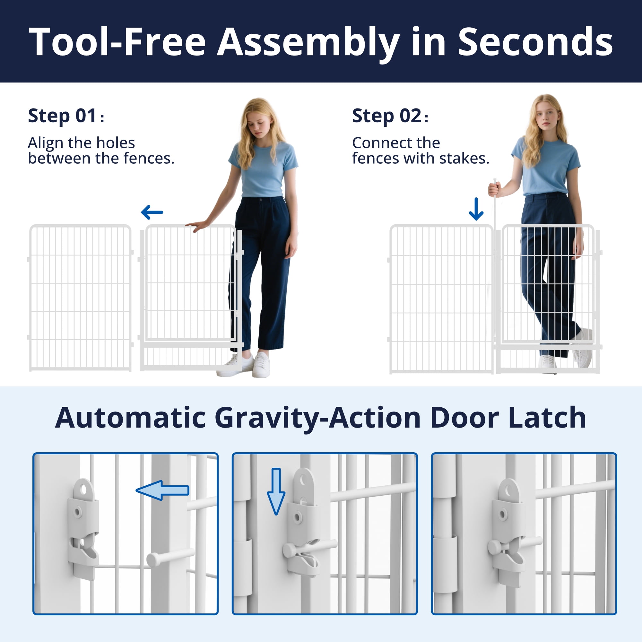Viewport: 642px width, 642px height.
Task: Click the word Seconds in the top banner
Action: pyautogui.click(x=535, y=42)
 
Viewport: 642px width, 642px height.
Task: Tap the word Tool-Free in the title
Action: pyautogui.click(x=118, y=42)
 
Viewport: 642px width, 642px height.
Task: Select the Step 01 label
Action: pyautogui.click(x=66, y=116)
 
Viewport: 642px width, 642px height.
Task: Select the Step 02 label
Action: pyautogui.click(x=390, y=116)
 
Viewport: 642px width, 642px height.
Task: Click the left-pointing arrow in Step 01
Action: pyautogui.click(x=152, y=212)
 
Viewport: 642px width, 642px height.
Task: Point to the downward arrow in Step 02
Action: pyautogui.click(x=476, y=209)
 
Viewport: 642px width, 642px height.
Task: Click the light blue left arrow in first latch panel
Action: pyautogui.click(x=162, y=490)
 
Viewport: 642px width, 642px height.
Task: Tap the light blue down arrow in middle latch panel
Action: pyautogui.click(x=276, y=491)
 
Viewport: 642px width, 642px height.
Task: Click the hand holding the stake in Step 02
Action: pyautogui.click(x=494, y=189)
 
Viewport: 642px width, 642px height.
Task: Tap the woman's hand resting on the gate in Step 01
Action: pyautogui.click(x=197, y=226)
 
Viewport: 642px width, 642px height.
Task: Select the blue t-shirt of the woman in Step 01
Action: pyautogui.click(x=263, y=169)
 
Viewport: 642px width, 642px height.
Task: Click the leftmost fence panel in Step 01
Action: pyautogui.click(x=81, y=298)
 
